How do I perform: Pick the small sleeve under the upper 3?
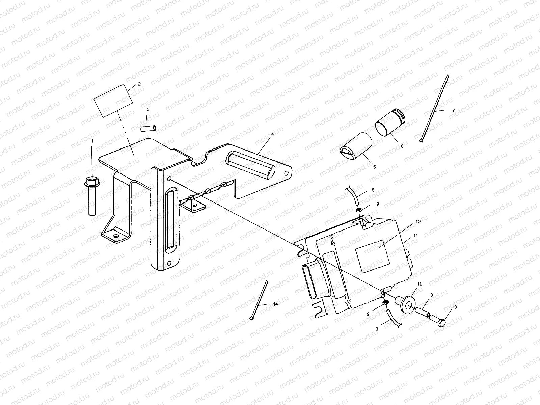149,129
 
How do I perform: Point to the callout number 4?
272,134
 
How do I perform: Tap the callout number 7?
453,110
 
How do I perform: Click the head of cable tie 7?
421,140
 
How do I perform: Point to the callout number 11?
415,236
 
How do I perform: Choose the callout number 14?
275,304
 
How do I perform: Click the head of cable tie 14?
252,318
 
